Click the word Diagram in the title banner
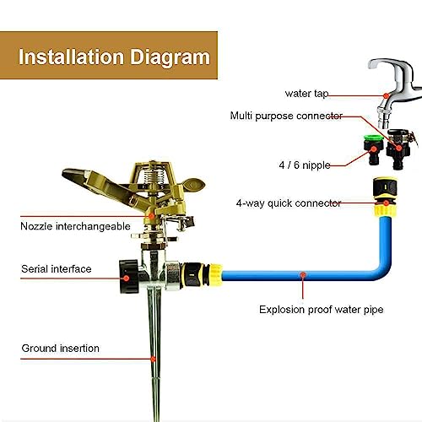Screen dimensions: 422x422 (x=170, y=57)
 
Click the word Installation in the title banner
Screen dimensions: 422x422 (x=71, y=57)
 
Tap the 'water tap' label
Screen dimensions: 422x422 (x=306, y=94)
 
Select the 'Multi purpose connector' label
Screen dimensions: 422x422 (x=286, y=116)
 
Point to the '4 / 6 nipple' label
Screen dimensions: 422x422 (x=305, y=165)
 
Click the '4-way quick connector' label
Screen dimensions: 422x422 (x=289, y=203)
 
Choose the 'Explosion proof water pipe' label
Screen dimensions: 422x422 (x=321, y=310)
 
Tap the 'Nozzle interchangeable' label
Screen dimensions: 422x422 (x=75, y=226)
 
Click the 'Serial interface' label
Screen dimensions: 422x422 (x=57, y=269)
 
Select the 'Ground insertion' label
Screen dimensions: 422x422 (x=61, y=349)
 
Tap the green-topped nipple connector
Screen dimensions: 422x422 (x=374, y=149)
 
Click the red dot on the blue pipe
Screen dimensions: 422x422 (x=303, y=274)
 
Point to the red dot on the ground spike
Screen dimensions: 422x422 (x=153, y=359)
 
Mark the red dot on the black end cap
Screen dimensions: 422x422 (x=127, y=279)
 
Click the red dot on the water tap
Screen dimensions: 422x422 (x=387, y=96)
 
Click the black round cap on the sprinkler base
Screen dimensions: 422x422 (x=129, y=277)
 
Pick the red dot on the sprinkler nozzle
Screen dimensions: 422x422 (x=151, y=216)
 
